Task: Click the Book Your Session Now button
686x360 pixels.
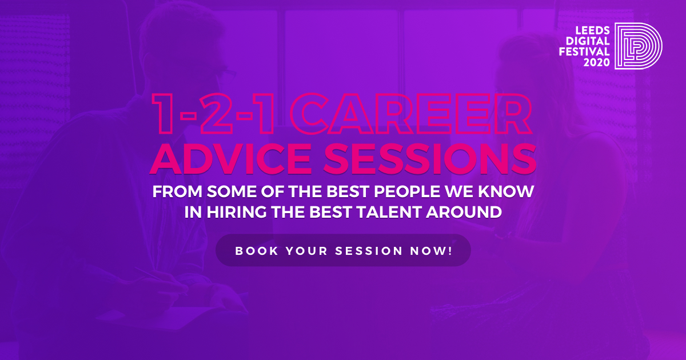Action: [x=343, y=250]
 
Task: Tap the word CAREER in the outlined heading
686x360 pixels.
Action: [x=410, y=114]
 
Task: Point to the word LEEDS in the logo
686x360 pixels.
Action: [x=593, y=30]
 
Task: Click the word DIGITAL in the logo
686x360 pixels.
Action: [x=588, y=41]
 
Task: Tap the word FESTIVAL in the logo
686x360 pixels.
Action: [x=584, y=51]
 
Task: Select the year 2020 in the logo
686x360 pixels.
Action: [x=597, y=62]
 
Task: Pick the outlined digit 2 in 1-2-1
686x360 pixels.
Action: [x=216, y=114]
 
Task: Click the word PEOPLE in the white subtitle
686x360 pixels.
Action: [x=407, y=191]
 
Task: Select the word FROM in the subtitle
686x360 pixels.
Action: [x=177, y=191]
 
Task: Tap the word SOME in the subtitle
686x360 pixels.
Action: [x=232, y=191]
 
